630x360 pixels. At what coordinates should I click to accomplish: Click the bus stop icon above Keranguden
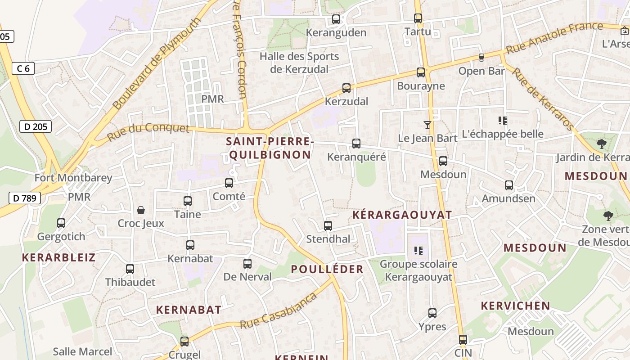[x=336, y=19]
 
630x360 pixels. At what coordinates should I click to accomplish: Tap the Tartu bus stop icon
[x=418, y=18]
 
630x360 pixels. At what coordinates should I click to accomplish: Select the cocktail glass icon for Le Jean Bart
[x=427, y=125]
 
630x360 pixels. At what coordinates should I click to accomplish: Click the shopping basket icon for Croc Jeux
[x=141, y=210]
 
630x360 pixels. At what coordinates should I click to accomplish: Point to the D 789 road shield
[x=25, y=198]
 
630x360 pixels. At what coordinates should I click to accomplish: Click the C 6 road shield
[x=23, y=68]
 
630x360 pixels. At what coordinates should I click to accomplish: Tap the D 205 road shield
[x=36, y=126]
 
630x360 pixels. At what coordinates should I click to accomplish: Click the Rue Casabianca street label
[x=279, y=311]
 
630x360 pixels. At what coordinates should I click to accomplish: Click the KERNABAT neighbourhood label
[x=189, y=310]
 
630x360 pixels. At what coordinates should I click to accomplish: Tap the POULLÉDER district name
[x=327, y=269]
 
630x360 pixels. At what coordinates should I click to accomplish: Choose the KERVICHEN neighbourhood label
[x=515, y=306]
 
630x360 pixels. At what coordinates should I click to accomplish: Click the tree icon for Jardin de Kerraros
[x=601, y=144]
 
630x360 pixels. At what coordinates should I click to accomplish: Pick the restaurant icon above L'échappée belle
[x=503, y=120]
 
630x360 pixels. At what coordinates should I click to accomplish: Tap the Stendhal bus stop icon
[x=328, y=226]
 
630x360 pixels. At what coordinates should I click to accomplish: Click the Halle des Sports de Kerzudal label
[x=299, y=63]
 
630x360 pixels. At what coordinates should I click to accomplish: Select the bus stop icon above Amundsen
[x=509, y=185]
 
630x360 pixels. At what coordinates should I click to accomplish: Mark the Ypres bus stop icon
[x=432, y=313]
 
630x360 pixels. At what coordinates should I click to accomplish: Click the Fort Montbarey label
[x=73, y=178]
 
